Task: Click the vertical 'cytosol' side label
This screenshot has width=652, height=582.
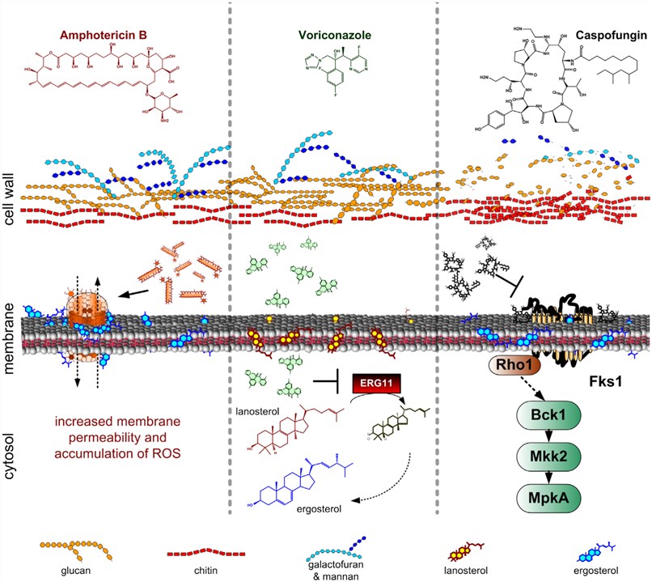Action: tap(13, 457)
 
